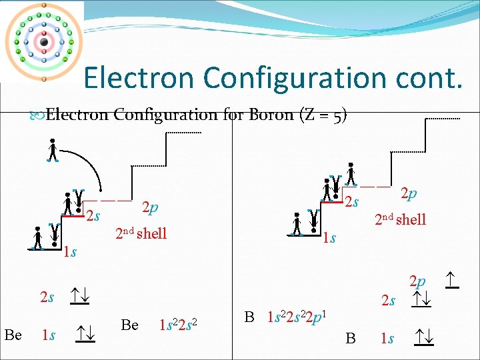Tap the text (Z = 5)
coord(324,115)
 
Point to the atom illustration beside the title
coord(43,41)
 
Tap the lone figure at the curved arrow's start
coord(53,151)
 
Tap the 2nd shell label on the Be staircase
coord(141,233)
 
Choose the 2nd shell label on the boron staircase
coord(400,219)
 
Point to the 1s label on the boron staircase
coord(328,238)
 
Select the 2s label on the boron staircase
coord(351,201)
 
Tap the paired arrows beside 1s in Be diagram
coord(85,331)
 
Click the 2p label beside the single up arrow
coord(418,280)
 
